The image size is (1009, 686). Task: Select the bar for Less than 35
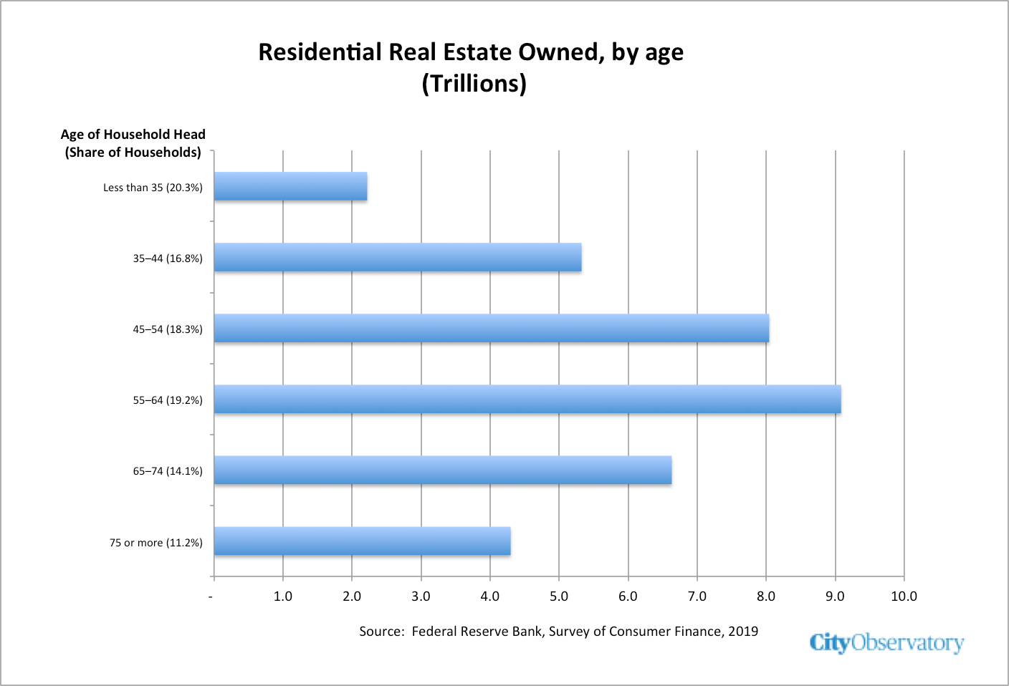tap(290, 186)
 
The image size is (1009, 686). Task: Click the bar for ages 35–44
tap(398, 257)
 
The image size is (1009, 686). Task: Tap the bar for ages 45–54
tap(492, 328)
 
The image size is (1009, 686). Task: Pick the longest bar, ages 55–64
tap(527, 399)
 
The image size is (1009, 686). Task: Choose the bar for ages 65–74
tap(443, 470)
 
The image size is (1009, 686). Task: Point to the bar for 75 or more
tap(362, 541)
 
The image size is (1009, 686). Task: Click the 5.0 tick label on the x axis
tap(559, 596)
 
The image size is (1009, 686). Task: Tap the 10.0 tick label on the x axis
tap(904, 596)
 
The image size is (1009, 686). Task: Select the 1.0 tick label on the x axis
tap(283, 596)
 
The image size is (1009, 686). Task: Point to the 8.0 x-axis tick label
tap(766, 596)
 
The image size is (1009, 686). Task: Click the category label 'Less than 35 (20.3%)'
tap(153, 188)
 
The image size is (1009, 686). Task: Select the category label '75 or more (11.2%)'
tap(156, 543)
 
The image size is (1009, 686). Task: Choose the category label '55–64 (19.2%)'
tap(168, 400)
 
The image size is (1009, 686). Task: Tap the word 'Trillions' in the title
tap(474, 83)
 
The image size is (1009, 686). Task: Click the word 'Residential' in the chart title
tap(320, 52)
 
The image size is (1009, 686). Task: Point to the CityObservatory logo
tap(886, 643)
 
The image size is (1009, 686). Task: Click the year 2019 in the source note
tap(743, 632)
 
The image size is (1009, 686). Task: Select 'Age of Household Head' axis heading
tap(133, 134)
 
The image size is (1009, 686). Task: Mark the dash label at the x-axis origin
tap(211, 597)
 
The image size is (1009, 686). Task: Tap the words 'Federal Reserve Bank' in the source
tap(477, 632)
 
